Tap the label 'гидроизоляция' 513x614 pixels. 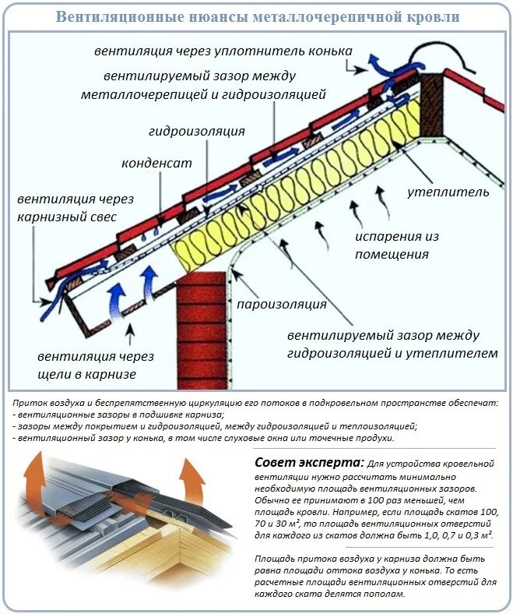tap(196, 132)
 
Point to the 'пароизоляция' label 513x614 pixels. tap(282, 304)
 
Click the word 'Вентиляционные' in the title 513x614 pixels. tap(114, 16)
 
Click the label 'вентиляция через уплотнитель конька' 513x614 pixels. tap(223, 51)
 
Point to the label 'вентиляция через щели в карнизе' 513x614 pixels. tap(96, 365)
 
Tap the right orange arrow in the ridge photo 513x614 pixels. tap(190, 476)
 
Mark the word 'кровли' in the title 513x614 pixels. tap(434, 16)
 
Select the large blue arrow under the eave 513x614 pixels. tap(116, 300)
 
